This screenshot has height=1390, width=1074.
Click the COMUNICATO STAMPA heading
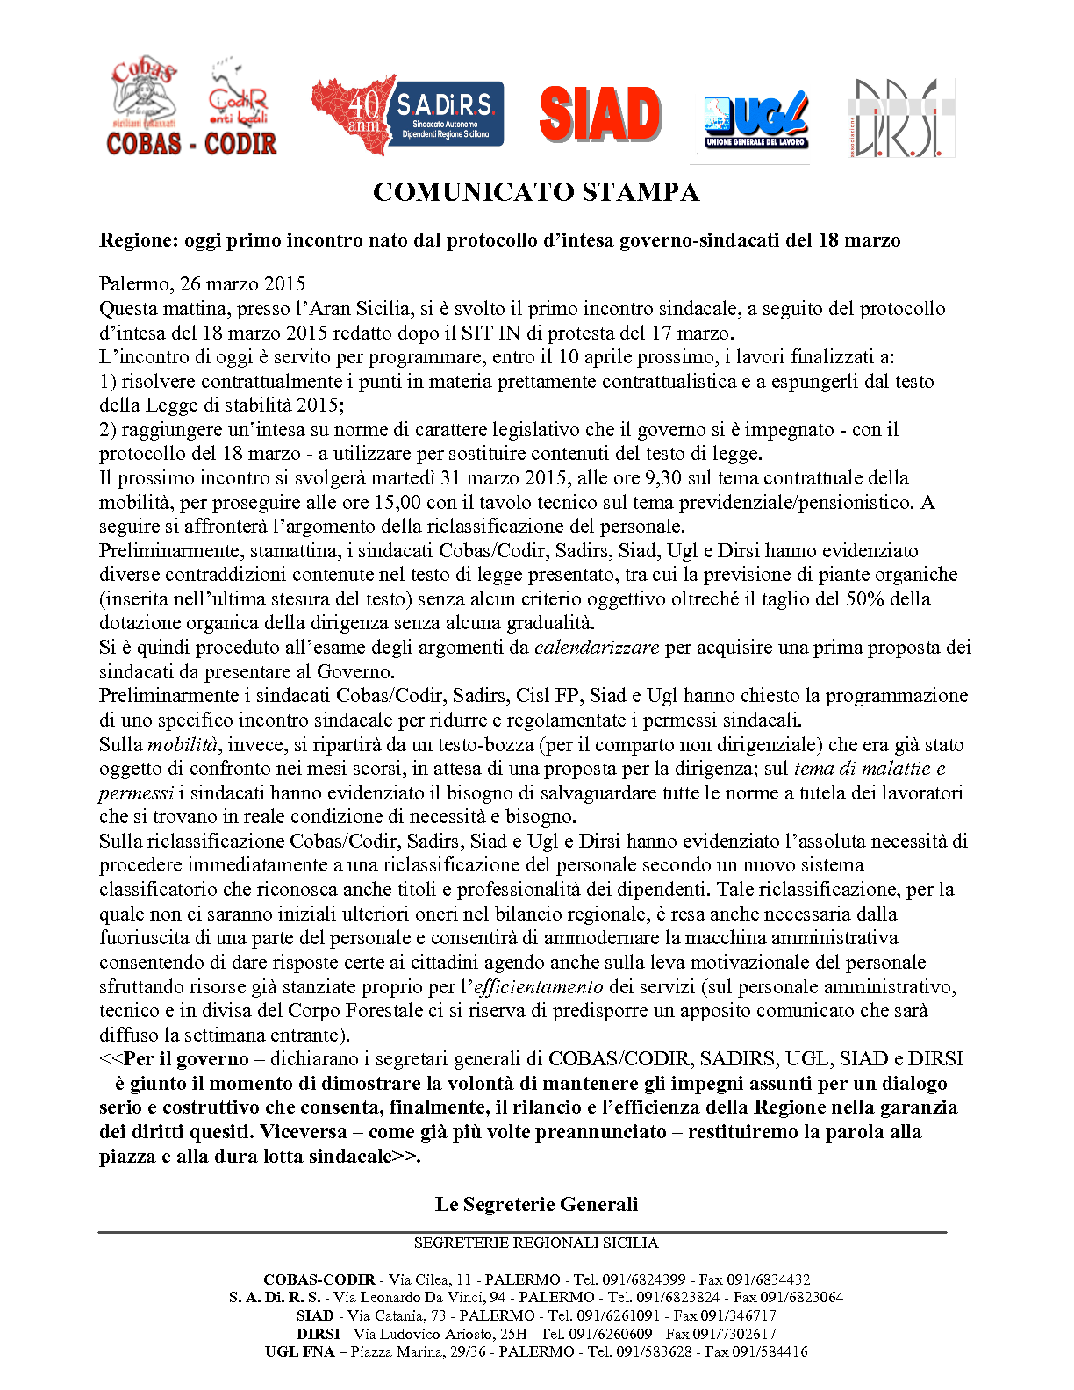coord(536,192)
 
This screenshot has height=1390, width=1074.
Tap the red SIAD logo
coord(600,114)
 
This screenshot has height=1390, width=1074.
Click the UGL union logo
coord(755,119)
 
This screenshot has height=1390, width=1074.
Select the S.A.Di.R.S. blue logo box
coord(446,113)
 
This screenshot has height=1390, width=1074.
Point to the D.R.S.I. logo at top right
coord(901,118)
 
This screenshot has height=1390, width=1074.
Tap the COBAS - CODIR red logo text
coord(191,144)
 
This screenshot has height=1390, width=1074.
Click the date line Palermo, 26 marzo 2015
coord(203,283)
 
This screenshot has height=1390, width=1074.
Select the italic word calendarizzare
coord(597,648)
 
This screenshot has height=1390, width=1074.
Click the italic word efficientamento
coord(539,987)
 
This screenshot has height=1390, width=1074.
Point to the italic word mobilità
coord(183,745)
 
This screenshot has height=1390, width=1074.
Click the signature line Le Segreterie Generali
coord(536,1204)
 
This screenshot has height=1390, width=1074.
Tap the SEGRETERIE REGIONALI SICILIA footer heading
coord(536,1243)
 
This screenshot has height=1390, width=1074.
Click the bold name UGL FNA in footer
coord(300,1351)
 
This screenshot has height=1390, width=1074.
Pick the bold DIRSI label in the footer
coord(319,1334)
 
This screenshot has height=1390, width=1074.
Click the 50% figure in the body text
coord(864,599)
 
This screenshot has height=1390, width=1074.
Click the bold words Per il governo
coord(186,1059)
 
